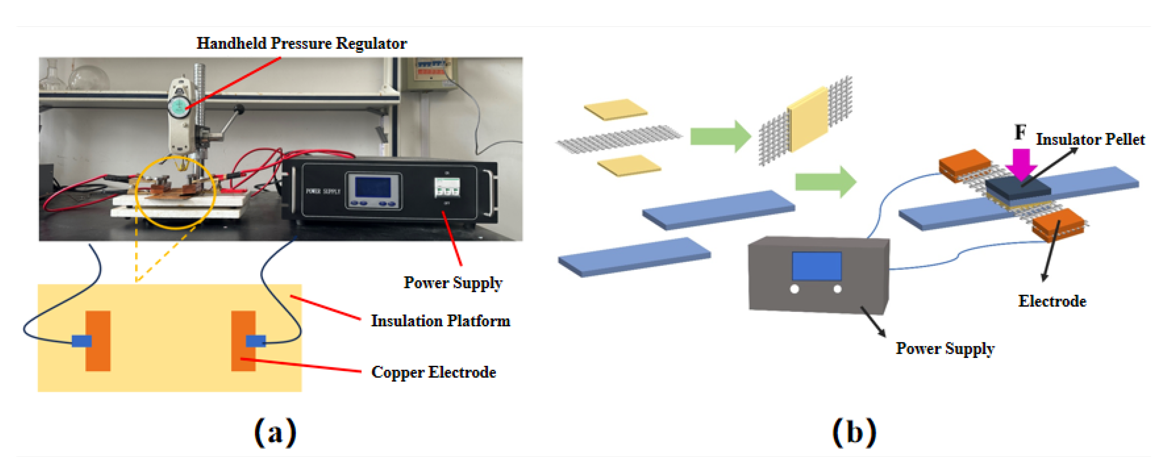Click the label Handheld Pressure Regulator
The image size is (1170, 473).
point(302,43)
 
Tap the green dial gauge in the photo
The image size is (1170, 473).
point(178,107)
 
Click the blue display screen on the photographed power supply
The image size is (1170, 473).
point(373,187)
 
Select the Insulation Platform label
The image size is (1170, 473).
point(440,321)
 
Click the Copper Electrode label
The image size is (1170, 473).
point(433,372)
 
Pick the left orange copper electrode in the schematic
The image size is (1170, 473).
point(98,340)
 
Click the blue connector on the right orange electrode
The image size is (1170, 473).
point(255,341)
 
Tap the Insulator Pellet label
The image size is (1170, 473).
point(1090,140)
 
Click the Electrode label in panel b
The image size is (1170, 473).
point(1052,301)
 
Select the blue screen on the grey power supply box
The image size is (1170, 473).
point(816,266)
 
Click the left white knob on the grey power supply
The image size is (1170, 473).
point(794,289)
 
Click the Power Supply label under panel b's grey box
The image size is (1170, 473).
point(945,348)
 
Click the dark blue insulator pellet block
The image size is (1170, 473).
point(1018,188)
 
